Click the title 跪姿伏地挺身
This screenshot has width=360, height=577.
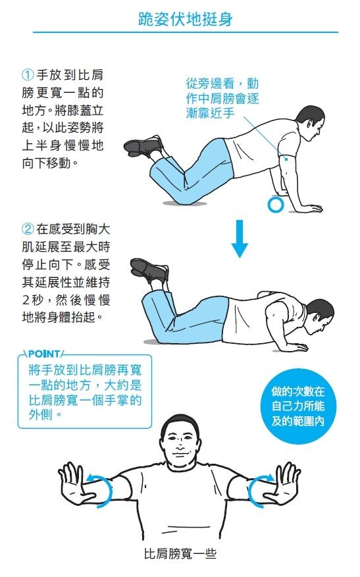(x=186, y=19)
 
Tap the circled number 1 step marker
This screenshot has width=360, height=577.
(x=28, y=75)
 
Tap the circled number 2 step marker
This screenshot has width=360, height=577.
(x=28, y=229)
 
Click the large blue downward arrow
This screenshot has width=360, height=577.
(x=240, y=238)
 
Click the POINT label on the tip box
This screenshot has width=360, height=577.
(x=44, y=354)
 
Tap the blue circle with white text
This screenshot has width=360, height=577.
(x=298, y=406)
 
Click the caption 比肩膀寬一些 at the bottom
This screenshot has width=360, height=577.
(x=180, y=554)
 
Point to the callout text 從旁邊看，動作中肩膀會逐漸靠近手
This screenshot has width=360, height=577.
(x=222, y=98)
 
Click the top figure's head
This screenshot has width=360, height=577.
(x=310, y=123)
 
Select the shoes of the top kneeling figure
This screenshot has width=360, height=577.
(x=143, y=146)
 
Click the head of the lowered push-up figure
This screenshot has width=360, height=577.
(x=319, y=316)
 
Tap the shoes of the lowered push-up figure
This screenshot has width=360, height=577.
(x=149, y=271)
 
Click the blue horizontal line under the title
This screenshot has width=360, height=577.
(x=186, y=32)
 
